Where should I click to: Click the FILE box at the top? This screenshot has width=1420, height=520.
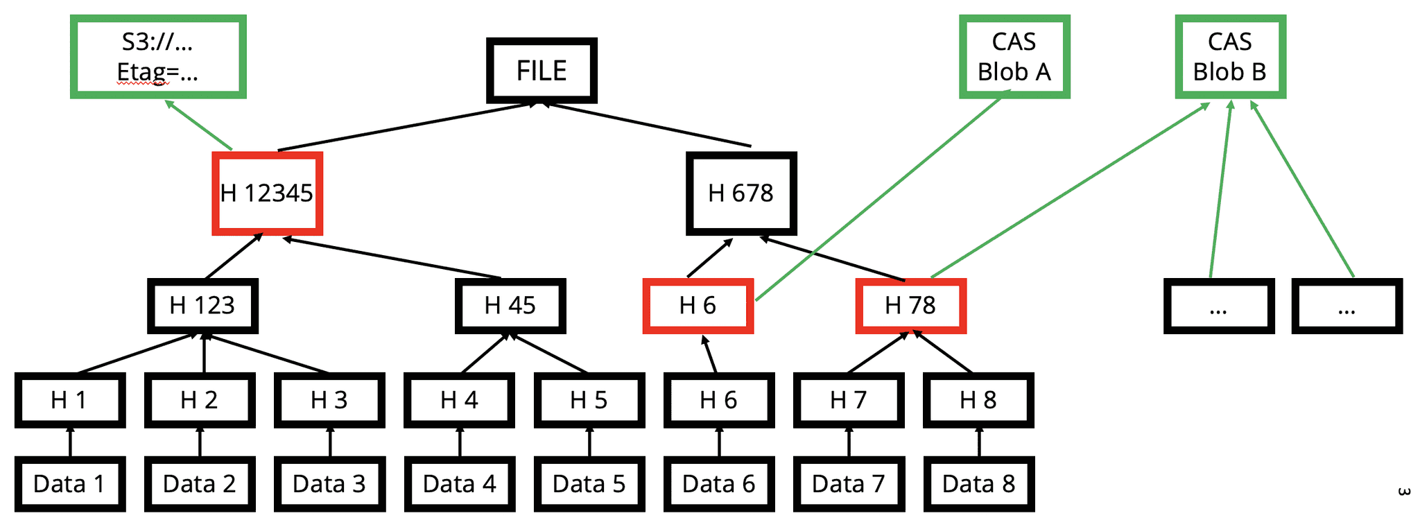click(542, 71)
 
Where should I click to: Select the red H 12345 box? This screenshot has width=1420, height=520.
click(267, 193)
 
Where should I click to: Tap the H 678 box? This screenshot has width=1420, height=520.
click(741, 193)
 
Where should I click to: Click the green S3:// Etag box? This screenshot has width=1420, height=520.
click(158, 57)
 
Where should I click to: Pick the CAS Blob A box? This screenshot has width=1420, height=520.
click(1014, 57)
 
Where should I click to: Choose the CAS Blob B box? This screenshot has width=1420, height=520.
click(1229, 57)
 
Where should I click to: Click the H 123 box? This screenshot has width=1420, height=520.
click(202, 306)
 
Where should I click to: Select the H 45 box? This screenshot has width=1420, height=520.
click(510, 306)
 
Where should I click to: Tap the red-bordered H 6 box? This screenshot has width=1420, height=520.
click(698, 306)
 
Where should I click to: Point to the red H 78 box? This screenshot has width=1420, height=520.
click(910, 306)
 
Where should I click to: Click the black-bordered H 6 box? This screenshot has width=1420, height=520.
click(718, 400)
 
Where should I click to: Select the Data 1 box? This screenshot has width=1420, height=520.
click(69, 484)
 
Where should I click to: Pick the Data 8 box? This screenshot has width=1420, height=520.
click(978, 484)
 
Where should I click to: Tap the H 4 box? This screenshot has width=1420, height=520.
click(459, 400)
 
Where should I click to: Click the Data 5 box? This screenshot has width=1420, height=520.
click(589, 484)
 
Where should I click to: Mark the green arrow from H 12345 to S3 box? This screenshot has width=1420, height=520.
click(198, 125)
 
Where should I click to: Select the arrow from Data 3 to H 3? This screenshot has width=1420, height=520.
click(330, 442)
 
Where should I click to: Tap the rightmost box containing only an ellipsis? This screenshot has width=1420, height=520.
click(1347, 306)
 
